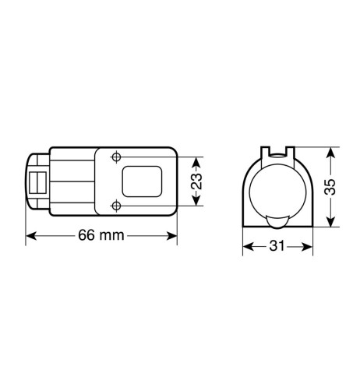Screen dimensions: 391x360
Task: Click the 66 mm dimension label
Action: [101, 236]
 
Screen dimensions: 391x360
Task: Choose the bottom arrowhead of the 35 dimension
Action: [334, 225]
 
